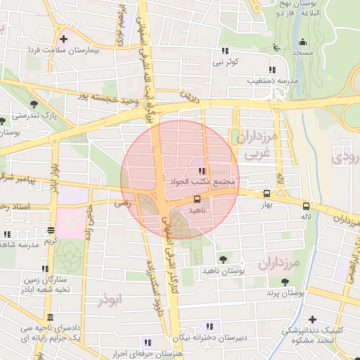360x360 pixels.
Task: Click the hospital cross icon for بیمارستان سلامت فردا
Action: pyautogui.click(x=64, y=39)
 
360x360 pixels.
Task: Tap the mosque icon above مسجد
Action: pyautogui.click(x=303, y=42)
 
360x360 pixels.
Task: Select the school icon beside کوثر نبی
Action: pyautogui.click(x=225, y=51)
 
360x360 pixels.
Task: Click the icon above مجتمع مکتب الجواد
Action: pyautogui.click(x=202, y=171)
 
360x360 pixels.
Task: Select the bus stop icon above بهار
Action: pyautogui.click(x=266, y=193)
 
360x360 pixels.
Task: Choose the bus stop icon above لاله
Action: pyautogui.click(x=306, y=206)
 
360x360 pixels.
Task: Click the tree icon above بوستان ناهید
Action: pyautogui.click(x=223, y=259)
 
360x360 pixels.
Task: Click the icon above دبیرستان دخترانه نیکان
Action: pyautogui.click(x=209, y=326)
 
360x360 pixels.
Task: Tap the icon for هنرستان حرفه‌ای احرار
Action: pyautogui.click(x=147, y=342)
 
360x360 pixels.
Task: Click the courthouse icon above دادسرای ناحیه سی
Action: pyautogui.click(x=49, y=317)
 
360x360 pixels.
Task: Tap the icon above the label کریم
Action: pyautogui.click(x=51, y=230)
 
